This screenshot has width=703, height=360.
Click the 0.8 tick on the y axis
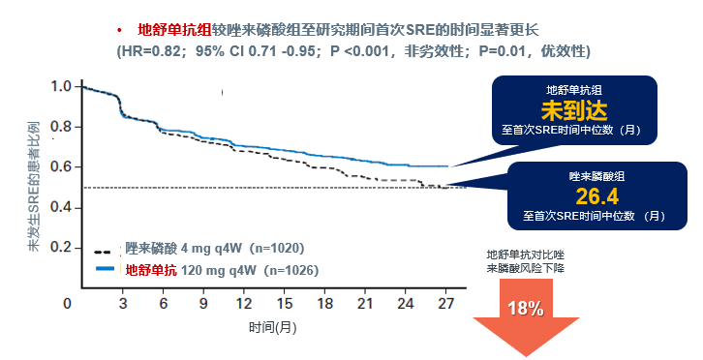pos(60,126)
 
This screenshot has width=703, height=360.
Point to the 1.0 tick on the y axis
pos(60,86)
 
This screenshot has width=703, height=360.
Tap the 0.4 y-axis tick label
pos(60,207)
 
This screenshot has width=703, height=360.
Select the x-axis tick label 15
pos(286,304)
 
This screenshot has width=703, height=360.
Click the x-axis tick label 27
pos(446,304)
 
